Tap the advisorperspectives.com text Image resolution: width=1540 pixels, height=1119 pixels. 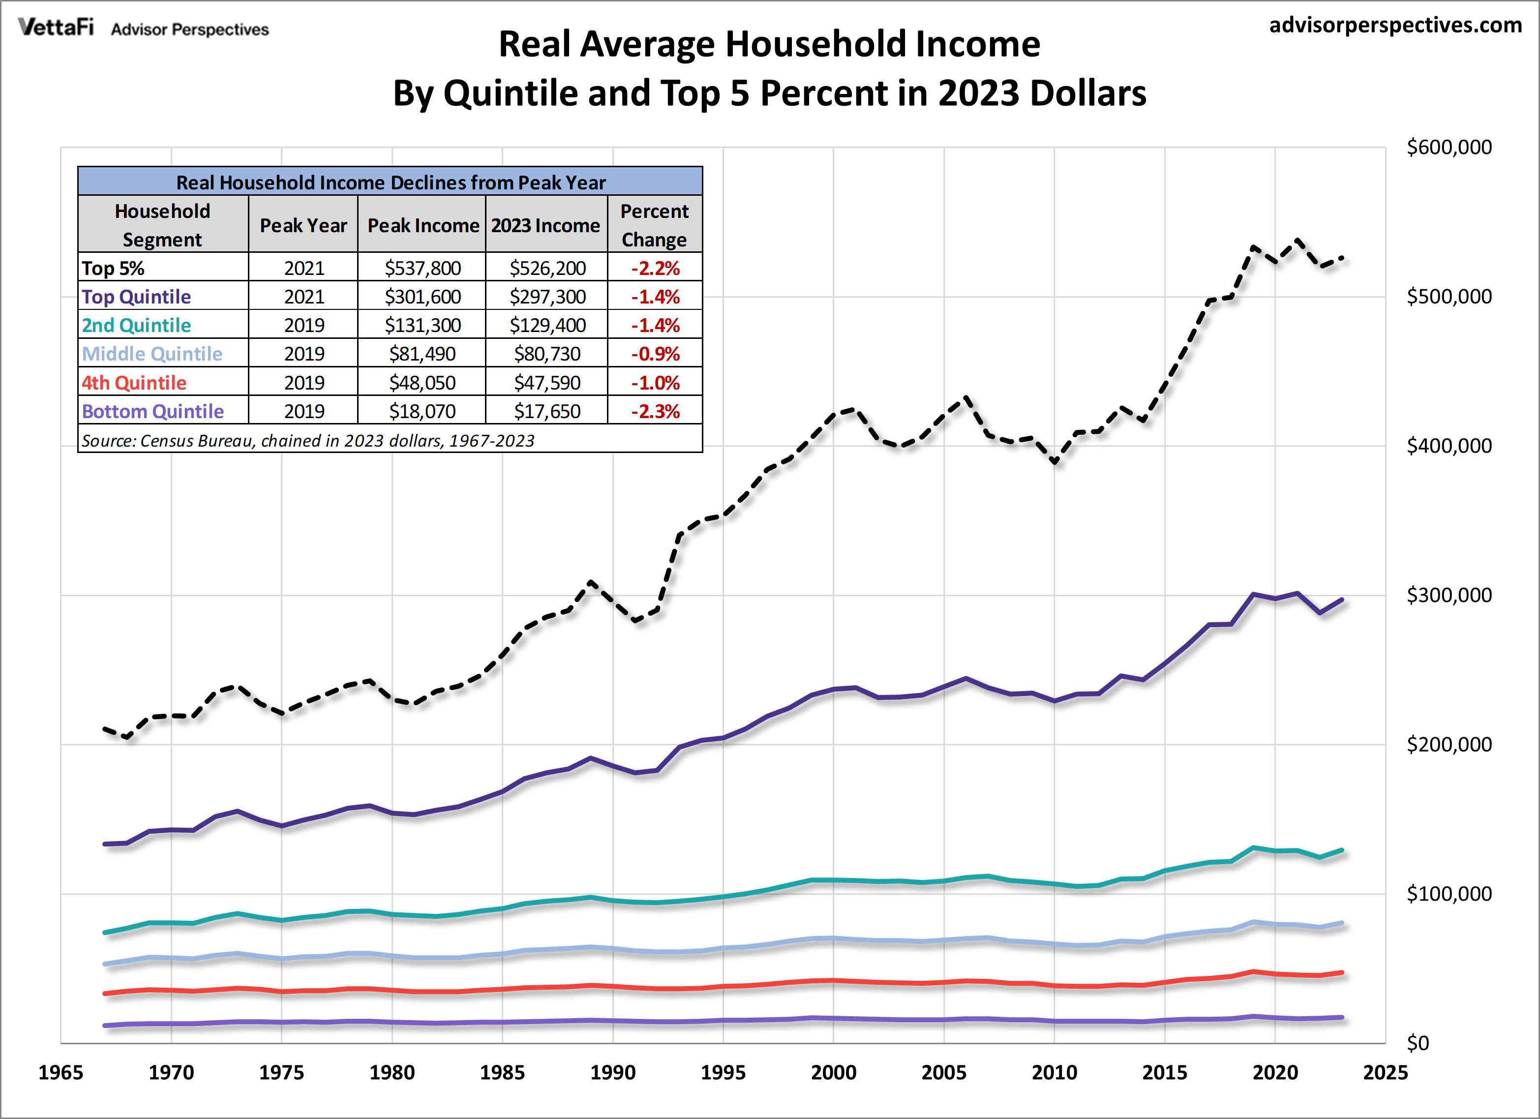pyautogui.click(x=1395, y=25)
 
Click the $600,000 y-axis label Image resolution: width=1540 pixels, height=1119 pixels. pyautogui.click(x=1449, y=148)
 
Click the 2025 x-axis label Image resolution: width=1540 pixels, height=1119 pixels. pyautogui.click(x=1385, y=1073)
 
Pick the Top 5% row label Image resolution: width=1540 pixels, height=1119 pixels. pyautogui.click(x=113, y=268)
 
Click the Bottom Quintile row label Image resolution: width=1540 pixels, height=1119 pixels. pyautogui.click(x=153, y=412)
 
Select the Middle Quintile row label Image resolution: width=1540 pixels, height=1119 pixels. pyautogui.click(x=152, y=354)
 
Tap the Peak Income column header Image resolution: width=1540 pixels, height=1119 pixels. pyautogui.click(x=423, y=225)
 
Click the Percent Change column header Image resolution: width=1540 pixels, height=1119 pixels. pyautogui.click(x=655, y=225)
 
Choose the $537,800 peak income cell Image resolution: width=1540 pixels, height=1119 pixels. pyautogui.click(x=423, y=268)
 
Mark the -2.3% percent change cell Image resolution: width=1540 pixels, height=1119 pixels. pyautogui.click(x=655, y=412)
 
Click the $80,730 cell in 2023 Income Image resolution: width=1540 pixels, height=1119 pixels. pyautogui.click(x=546, y=354)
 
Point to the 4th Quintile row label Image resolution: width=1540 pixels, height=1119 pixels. pyautogui.click(x=134, y=383)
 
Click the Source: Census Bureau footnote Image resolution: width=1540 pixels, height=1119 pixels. pyautogui.click(x=307, y=441)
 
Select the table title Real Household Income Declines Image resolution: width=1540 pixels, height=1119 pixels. pyautogui.click(x=391, y=182)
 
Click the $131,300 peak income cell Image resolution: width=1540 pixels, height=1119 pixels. pyautogui.click(x=423, y=325)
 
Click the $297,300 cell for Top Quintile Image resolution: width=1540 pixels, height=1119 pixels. pyautogui.click(x=547, y=297)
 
